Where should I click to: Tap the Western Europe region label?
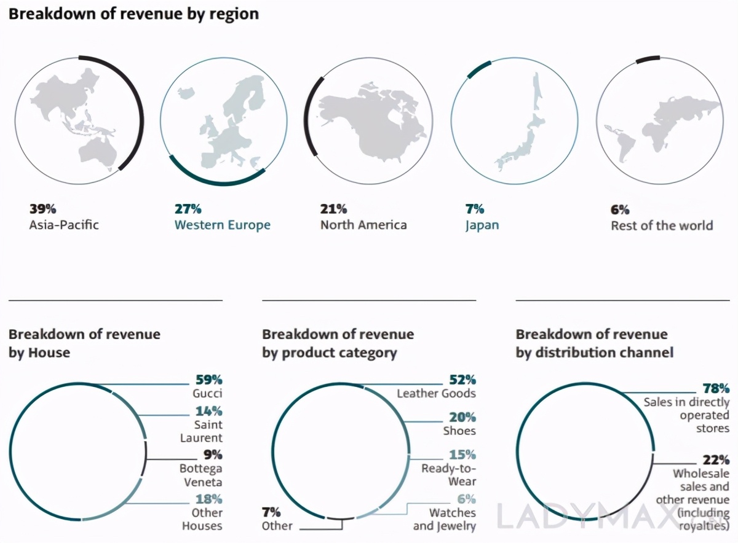click(x=222, y=225)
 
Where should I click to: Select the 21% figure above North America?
click(x=333, y=209)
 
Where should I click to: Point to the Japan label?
click(x=482, y=225)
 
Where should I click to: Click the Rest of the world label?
click(x=662, y=225)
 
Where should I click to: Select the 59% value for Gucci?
click(x=208, y=379)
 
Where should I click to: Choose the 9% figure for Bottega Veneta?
click(x=212, y=455)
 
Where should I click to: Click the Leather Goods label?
click(x=436, y=393)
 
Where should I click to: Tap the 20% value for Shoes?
click(x=462, y=417)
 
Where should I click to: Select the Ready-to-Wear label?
click(x=448, y=475)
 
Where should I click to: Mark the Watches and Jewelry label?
click(x=444, y=519)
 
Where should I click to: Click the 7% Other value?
click(x=271, y=511)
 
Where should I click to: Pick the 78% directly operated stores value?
click(x=716, y=388)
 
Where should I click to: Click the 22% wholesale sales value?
click(x=716, y=459)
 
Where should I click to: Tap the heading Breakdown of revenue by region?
click(x=133, y=14)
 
